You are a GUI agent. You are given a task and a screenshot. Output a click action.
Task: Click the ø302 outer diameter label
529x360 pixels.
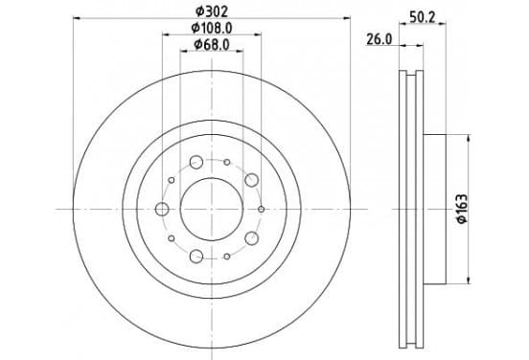[x=212, y=11]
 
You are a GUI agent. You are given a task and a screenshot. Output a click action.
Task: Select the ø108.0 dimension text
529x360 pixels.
[x=212, y=29]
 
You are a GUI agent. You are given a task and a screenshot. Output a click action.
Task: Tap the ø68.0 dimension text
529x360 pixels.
[x=212, y=44]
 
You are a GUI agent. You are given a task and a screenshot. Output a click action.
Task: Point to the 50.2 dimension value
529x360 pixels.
[x=423, y=17]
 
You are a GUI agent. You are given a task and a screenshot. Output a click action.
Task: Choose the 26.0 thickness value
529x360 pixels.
[x=379, y=40]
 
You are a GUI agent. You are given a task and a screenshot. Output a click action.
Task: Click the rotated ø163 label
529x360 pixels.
[x=462, y=209]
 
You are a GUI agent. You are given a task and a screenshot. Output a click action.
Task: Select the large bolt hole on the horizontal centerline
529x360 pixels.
[x=162, y=210]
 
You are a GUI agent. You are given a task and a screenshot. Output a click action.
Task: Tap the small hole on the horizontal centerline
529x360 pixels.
[x=261, y=210]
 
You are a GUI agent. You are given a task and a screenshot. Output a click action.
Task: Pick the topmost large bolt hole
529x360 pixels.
[x=196, y=162]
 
